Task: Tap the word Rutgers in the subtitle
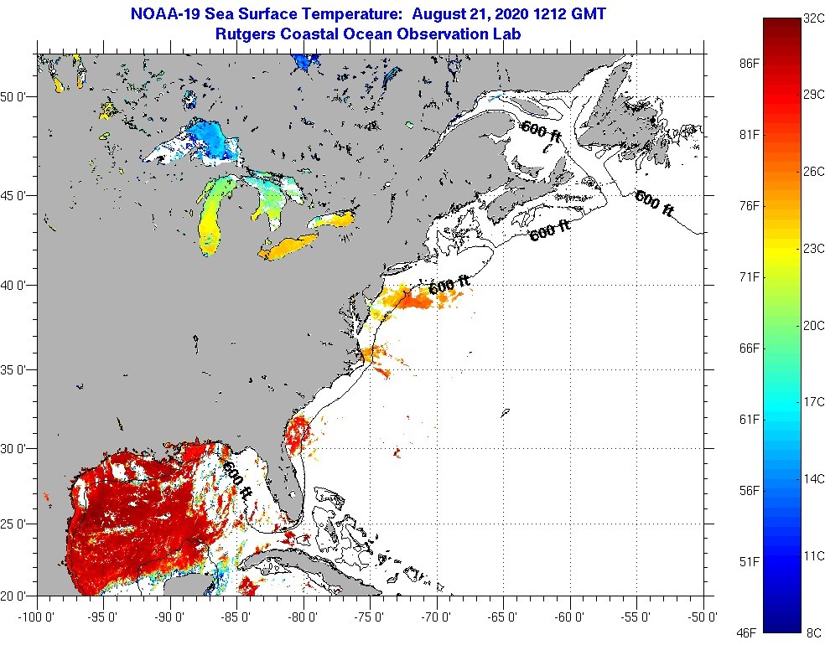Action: pyautogui.click(x=245, y=34)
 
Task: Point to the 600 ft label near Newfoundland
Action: pyautogui.click(x=654, y=204)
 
